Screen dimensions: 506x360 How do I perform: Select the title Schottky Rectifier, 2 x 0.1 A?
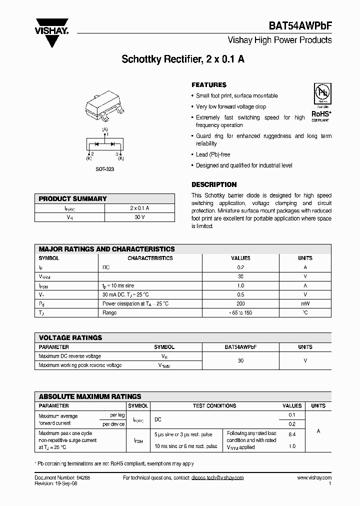(183, 59)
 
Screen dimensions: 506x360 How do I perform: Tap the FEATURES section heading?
(209, 85)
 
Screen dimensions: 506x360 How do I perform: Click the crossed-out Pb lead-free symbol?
(320, 93)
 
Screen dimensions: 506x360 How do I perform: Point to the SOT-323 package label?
(105, 169)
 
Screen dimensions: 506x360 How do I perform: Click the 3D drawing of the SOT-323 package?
(105, 107)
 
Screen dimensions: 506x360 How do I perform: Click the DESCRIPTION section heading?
(214, 184)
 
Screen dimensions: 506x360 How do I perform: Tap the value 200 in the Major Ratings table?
(240, 303)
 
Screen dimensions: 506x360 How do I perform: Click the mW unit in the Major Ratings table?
(305, 303)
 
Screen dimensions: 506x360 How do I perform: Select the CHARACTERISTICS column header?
(150, 258)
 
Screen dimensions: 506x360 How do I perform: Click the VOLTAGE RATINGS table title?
(70, 337)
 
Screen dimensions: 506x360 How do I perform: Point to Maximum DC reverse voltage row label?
(70, 356)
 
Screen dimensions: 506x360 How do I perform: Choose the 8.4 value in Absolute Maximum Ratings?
(292, 434)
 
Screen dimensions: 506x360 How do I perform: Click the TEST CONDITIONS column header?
(215, 405)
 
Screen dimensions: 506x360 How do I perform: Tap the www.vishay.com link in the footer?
(314, 478)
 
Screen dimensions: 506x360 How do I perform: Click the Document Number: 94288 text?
(62, 478)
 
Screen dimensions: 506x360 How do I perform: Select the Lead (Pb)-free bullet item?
(213, 154)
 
